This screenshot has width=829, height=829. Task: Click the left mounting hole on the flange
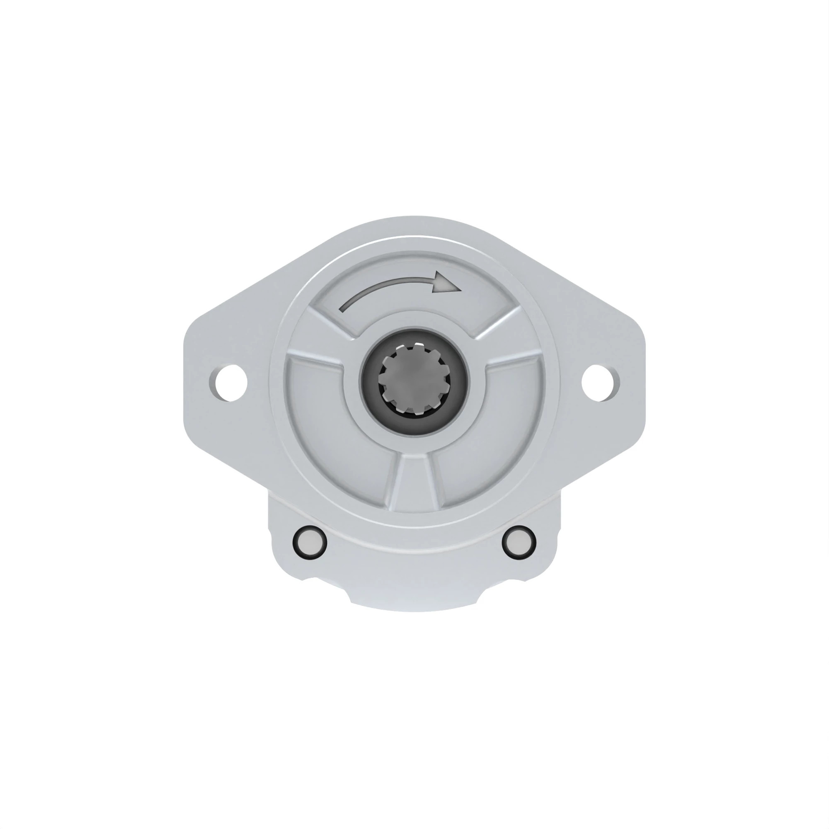pos(230,383)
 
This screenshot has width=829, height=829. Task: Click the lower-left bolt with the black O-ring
pos(309,542)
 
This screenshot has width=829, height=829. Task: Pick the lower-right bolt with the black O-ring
pos(519,542)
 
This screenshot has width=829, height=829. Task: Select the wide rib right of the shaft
pos(513,361)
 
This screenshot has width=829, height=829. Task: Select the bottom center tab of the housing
pos(414,601)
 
